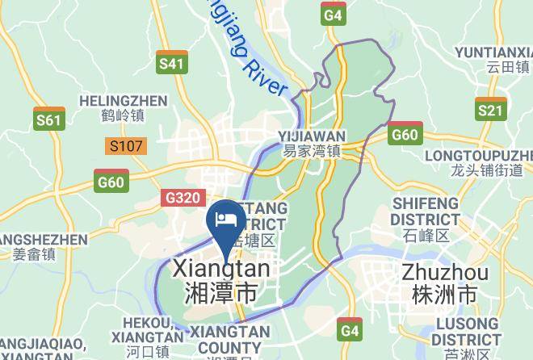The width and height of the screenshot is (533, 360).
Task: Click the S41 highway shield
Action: click(x=172, y=63)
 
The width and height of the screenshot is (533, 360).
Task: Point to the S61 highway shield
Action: click(x=49, y=119)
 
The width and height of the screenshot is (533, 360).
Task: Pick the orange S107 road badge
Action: click(x=125, y=147)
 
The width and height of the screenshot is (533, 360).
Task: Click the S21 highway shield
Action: click(x=490, y=109)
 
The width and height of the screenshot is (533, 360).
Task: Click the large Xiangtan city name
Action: click(x=222, y=269)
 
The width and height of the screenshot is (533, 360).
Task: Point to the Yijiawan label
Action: click(x=312, y=136)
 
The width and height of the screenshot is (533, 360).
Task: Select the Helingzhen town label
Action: click(x=124, y=101)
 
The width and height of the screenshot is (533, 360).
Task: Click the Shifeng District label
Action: click(x=425, y=211)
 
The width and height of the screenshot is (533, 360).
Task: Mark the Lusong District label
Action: click(x=456, y=331)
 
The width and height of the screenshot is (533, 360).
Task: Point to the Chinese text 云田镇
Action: click(x=506, y=67)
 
